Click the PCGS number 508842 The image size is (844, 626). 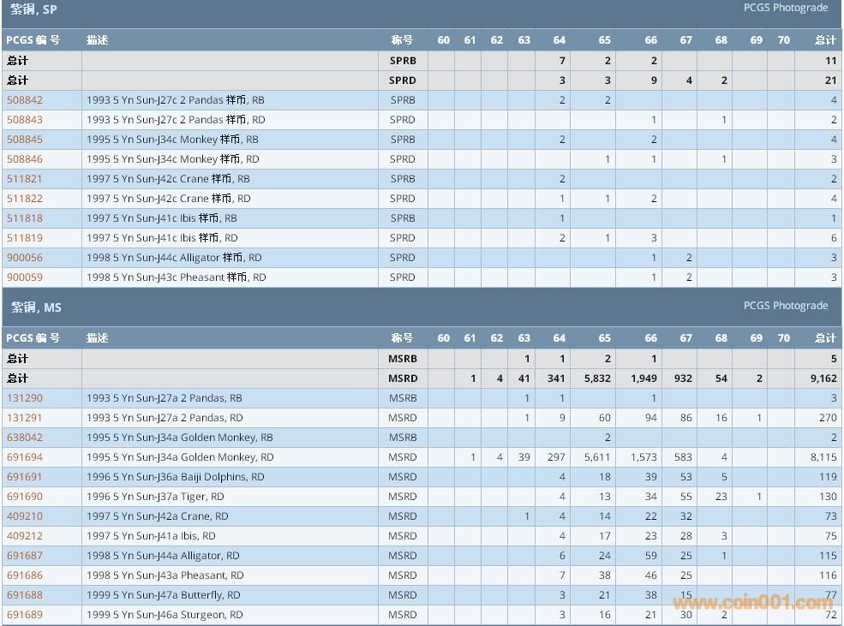[24, 100]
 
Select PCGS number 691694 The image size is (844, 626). [24, 457]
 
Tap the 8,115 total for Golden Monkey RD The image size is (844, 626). [823, 457]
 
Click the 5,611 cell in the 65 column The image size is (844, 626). [596, 457]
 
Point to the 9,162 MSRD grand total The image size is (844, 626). [823, 379]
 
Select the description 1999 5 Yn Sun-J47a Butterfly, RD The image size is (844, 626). [164, 595]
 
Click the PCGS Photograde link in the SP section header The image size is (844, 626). [786, 8]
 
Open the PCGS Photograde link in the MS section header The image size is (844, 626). [786, 306]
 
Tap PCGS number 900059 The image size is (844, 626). [24, 277]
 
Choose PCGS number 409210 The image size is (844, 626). [24, 516]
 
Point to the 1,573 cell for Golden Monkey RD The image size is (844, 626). [644, 457]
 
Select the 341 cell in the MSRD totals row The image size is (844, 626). [556, 379]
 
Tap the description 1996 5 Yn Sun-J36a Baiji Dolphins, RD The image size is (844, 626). [176, 477]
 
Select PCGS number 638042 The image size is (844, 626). [24, 438]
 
